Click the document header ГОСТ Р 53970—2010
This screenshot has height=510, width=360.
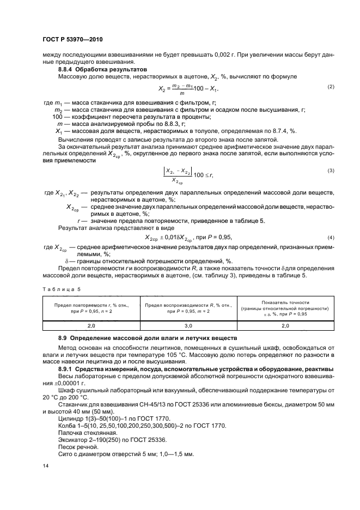click(x=72, y=40)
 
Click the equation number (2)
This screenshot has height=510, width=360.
click(x=330, y=87)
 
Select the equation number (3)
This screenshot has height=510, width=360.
click(x=330, y=171)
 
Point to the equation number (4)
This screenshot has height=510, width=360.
click(x=330, y=238)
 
